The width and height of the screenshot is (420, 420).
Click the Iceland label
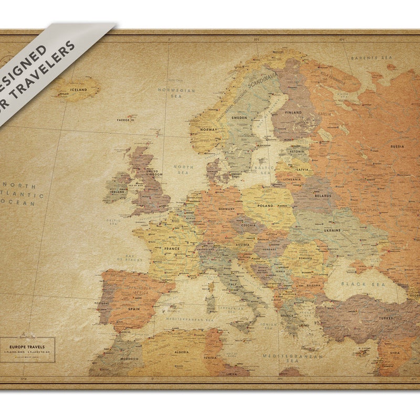coord(79,90)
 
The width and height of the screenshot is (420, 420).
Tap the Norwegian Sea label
coord(176,93)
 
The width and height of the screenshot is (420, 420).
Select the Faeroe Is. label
coord(127,120)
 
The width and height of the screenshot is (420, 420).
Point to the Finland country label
coord(293,112)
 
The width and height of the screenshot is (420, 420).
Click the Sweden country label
coord(239,118)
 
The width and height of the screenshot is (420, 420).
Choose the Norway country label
coord(208,130)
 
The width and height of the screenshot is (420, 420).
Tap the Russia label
coord(397,146)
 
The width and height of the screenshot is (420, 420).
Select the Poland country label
coord(266,206)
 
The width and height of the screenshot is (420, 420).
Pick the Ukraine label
coord(332,230)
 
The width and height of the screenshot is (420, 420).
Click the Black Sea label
coord(363,283)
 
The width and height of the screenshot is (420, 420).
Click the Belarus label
coord(323,196)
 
